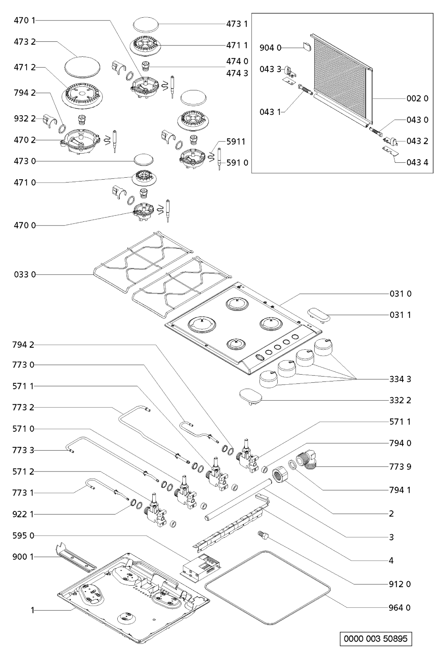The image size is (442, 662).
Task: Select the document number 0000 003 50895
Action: (x=376, y=638)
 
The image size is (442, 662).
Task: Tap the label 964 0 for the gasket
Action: (x=400, y=607)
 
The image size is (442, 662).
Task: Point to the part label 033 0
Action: (x=25, y=275)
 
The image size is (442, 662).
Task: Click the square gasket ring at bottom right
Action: (x=268, y=588)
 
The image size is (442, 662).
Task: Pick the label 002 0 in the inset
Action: (x=417, y=98)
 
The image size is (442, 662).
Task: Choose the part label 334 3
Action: (x=400, y=379)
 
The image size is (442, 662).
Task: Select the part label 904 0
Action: (x=273, y=48)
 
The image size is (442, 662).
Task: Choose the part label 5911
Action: (x=236, y=141)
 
